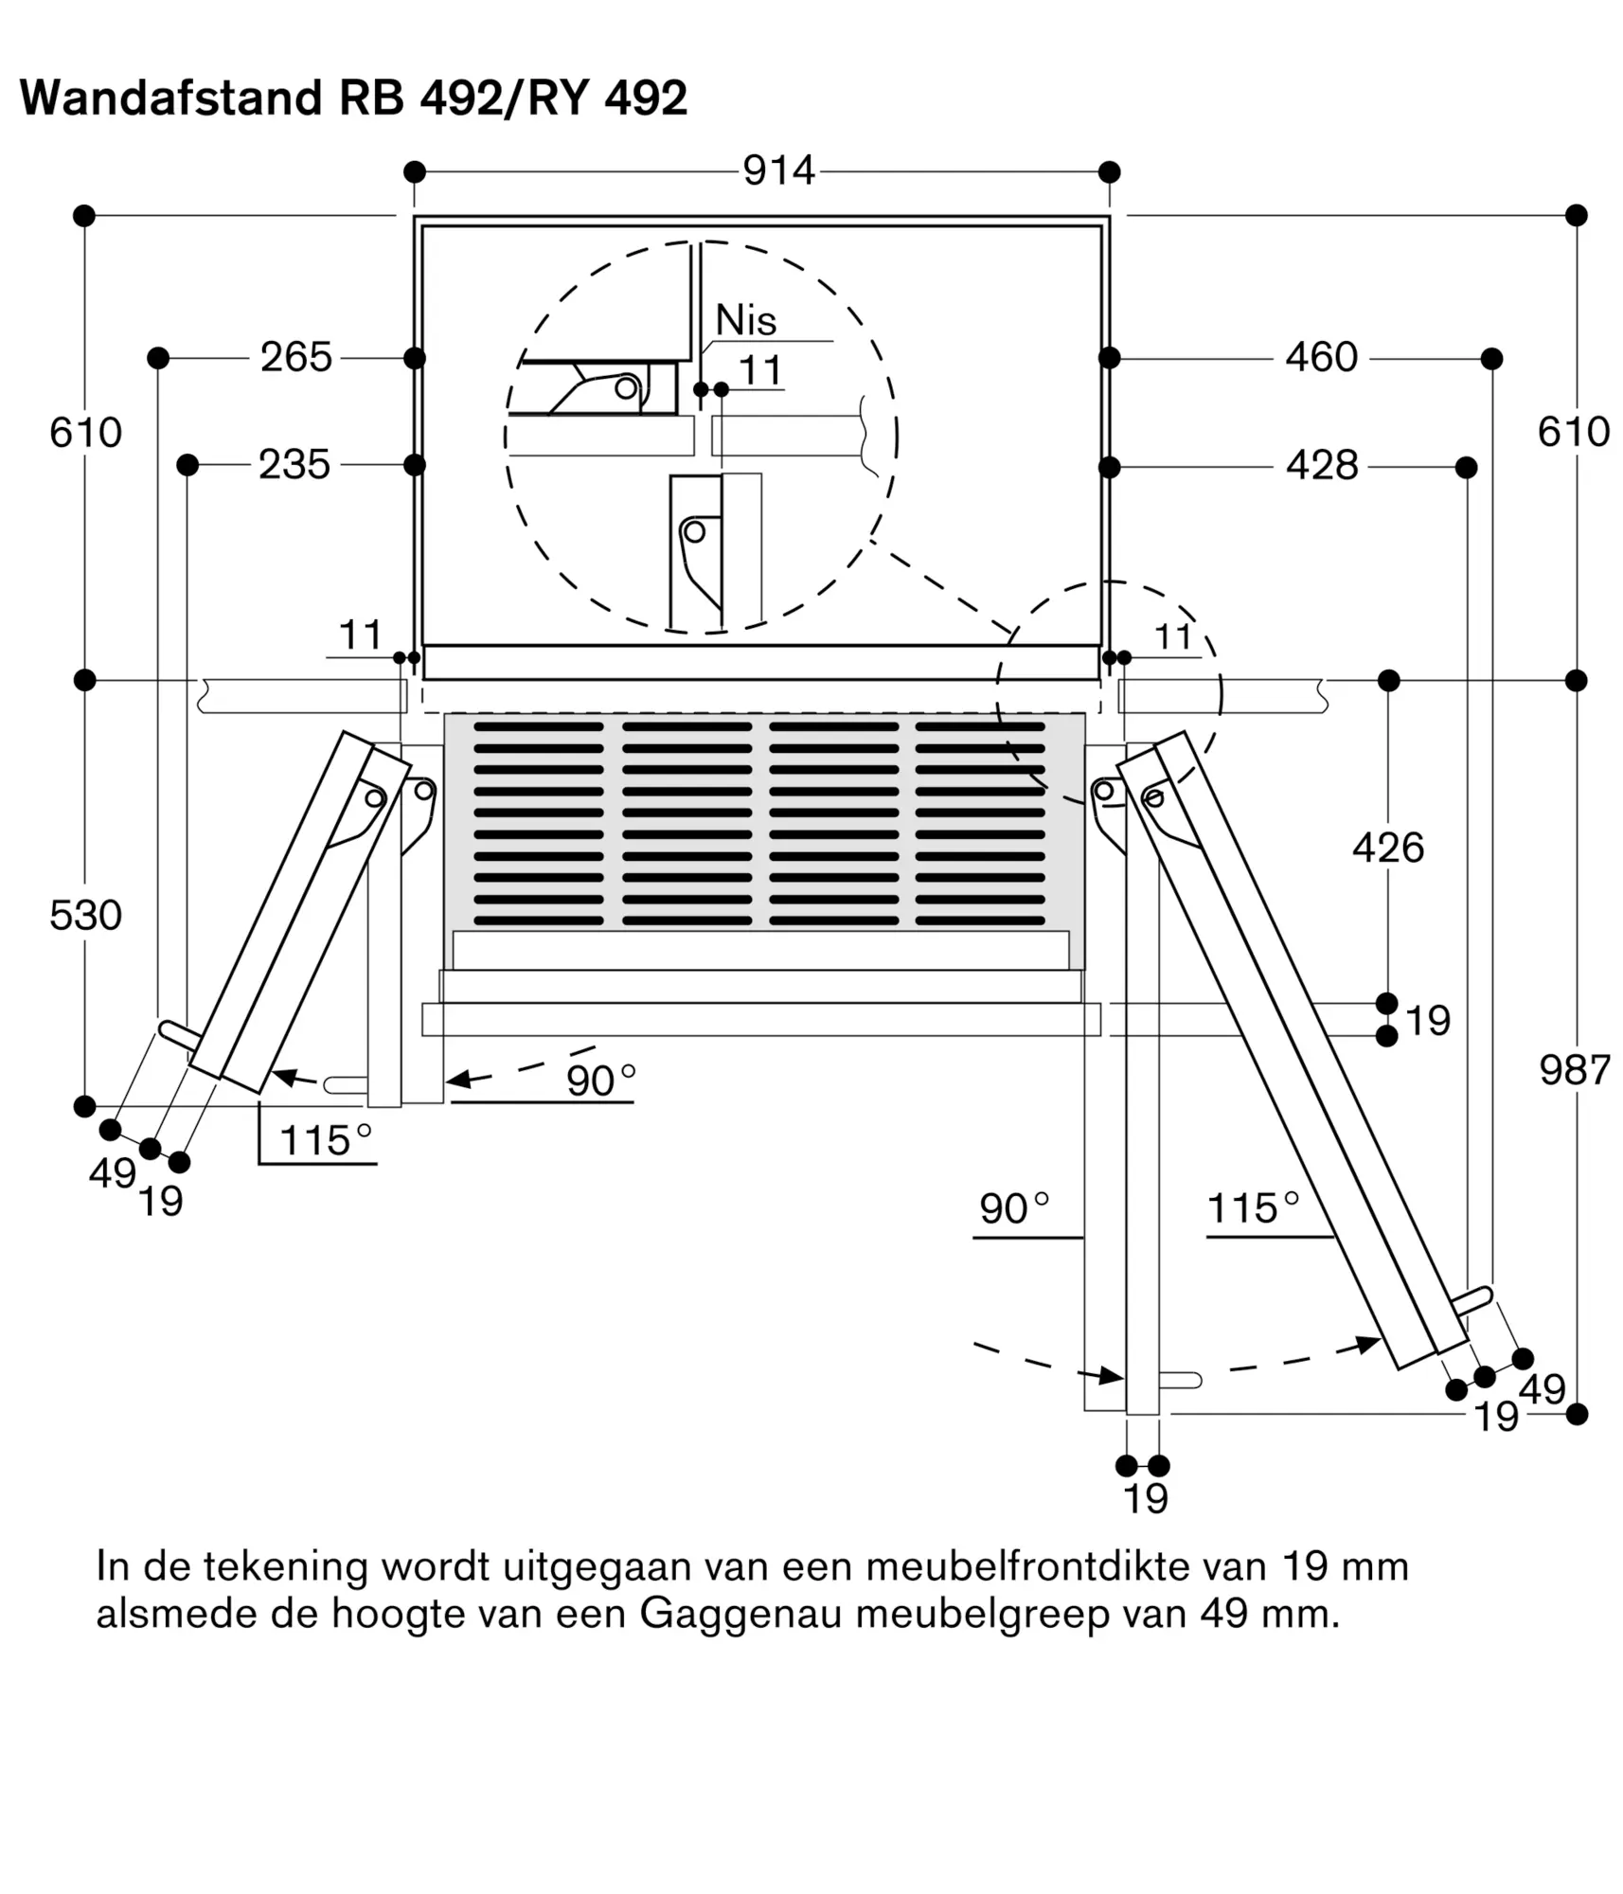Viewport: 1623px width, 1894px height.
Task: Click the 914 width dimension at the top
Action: coord(778,171)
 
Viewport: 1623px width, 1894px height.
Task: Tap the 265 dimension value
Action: coord(296,358)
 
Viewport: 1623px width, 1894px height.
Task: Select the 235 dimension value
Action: coord(294,465)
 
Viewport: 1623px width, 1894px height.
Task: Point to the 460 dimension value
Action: coord(1322,358)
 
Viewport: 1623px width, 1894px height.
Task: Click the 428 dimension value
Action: coord(1322,466)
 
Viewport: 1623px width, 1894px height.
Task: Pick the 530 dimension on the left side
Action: coord(85,916)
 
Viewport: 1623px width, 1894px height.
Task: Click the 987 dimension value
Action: coord(1575,1071)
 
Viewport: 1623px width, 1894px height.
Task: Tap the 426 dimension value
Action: coord(1388,848)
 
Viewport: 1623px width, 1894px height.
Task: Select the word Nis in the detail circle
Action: coord(746,320)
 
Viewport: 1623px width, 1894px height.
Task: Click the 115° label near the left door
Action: coord(327,1141)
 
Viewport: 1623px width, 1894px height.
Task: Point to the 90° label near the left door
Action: coord(601,1081)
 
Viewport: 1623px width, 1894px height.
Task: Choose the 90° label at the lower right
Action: coord(1015,1209)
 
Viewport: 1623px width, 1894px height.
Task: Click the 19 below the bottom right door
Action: coord(1146,1499)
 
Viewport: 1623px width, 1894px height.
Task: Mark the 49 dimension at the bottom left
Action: coord(113,1173)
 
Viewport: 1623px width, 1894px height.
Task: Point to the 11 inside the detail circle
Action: coord(760,370)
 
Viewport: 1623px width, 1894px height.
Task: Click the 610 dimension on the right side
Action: coord(1574,432)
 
